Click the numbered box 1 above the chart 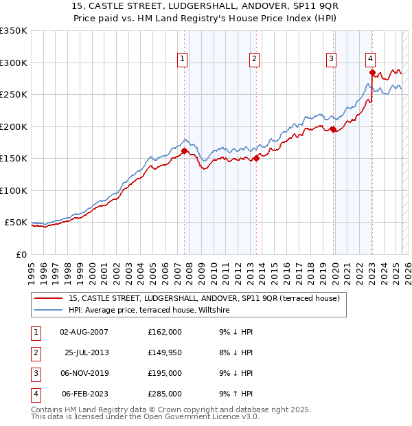pos(183,60)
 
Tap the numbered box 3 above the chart pos(331,60)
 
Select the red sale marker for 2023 pos(372,72)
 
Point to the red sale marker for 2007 pos(184,151)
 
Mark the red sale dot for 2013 pos(256,158)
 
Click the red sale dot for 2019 pos(333,129)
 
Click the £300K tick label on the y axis pos(13,63)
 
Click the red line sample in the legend pos(49,298)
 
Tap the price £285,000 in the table pos(165,394)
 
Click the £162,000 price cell pos(165,332)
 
